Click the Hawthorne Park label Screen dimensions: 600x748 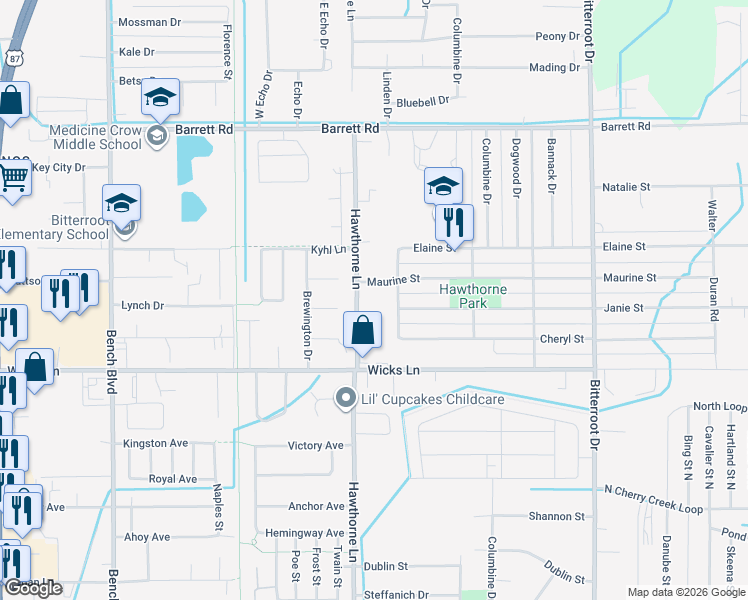pyautogui.click(x=473, y=296)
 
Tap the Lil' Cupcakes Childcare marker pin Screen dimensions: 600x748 pyautogui.click(x=346, y=399)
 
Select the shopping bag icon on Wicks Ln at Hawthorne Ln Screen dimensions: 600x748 pyautogui.click(x=362, y=330)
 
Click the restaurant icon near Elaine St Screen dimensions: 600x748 pyautogui.click(x=454, y=222)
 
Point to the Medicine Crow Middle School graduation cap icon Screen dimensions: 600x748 pyautogui.click(x=159, y=97)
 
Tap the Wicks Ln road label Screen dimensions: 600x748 pyautogui.click(x=393, y=371)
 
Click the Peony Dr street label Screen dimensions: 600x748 pyautogui.click(x=557, y=36)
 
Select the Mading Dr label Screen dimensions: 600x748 pyautogui.click(x=555, y=68)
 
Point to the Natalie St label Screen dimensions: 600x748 pyautogui.click(x=626, y=187)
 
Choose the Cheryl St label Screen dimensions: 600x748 pyautogui.click(x=561, y=339)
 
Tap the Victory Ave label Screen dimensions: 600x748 pyautogui.click(x=315, y=445)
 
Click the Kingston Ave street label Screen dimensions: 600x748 pyautogui.click(x=155, y=443)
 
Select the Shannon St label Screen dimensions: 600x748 pyautogui.click(x=558, y=516)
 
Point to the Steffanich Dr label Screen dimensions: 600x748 pyautogui.click(x=396, y=595)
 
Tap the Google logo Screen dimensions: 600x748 pyautogui.click(x=33, y=588)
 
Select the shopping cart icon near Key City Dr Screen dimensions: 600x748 pyautogui.click(x=14, y=178)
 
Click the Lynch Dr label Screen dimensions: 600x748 pyautogui.click(x=142, y=306)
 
